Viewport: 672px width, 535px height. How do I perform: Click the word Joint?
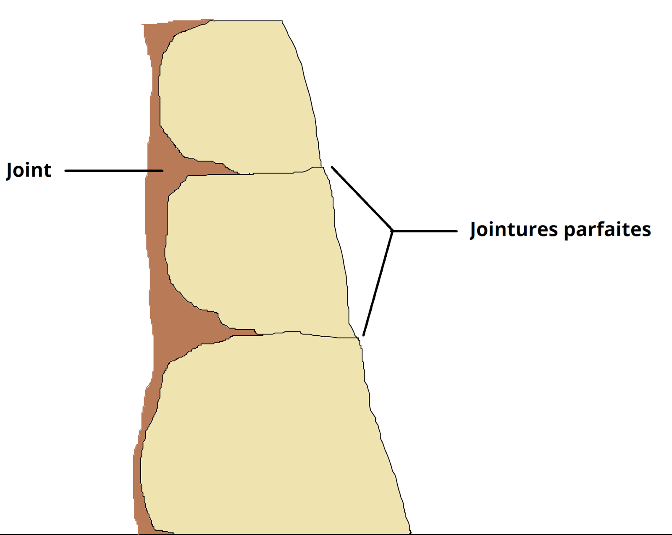pyautogui.click(x=29, y=170)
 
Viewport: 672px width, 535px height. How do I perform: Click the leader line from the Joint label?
pyautogui.click(x=113, y=170)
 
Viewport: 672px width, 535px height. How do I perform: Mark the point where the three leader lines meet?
pyautogui.click(x=392, y=231)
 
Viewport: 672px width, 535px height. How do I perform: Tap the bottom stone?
pyautogui.click(x=269, y=433)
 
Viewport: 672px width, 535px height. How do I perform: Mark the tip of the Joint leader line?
pyautogui.click(x=162, y=170)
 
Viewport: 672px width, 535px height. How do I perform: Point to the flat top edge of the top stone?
pyautogui.click(x=248, y=21)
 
